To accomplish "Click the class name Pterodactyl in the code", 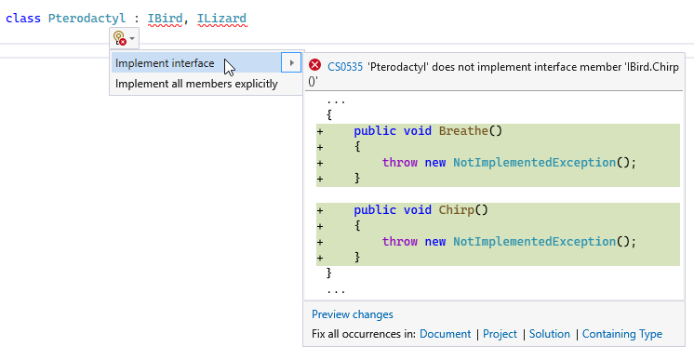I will (87, 19).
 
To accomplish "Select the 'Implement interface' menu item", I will (165, 63).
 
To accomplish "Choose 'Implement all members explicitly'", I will (196, 84).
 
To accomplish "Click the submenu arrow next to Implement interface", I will (291, 63).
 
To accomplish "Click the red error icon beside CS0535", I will (315, 65).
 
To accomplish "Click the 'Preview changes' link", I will (353, 314).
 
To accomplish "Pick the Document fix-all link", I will (446, 334).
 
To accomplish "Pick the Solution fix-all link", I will (550, 334).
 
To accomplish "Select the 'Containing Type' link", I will (622, 334).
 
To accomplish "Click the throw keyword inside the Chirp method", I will (400, 241).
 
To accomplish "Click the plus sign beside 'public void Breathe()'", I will (320, 131).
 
